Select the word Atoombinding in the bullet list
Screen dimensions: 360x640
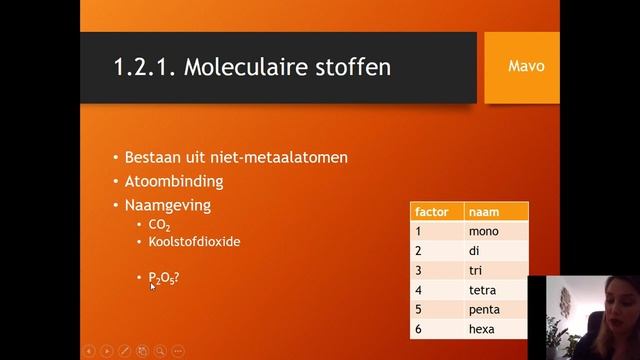[x=174, y=182]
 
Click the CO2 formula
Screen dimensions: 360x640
[x=159, y=226]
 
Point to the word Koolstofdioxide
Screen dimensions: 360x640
[x=194, y=242]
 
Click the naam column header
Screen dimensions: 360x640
[x=495, y=212]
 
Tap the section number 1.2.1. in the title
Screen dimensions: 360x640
[x=145, y=68]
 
